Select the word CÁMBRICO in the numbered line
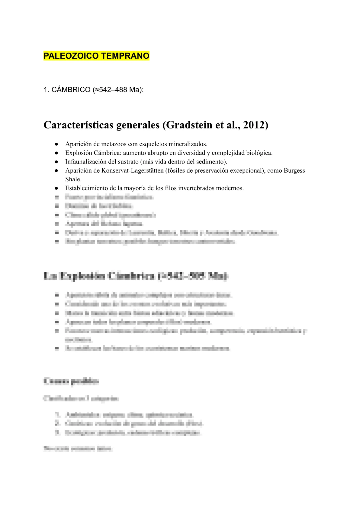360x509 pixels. [x=71, y=90]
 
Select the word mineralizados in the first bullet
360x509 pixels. [x=188, y=144]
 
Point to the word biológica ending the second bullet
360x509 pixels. [x=259, y=153]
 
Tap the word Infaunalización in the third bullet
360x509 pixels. [x=85, y=162]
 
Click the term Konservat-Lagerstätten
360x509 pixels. [x=132, y=170]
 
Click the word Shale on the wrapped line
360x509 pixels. [x=73, y=179]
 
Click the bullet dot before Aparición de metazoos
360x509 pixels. [x=56, y=144]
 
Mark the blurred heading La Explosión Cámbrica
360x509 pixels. [x=136, y=276]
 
